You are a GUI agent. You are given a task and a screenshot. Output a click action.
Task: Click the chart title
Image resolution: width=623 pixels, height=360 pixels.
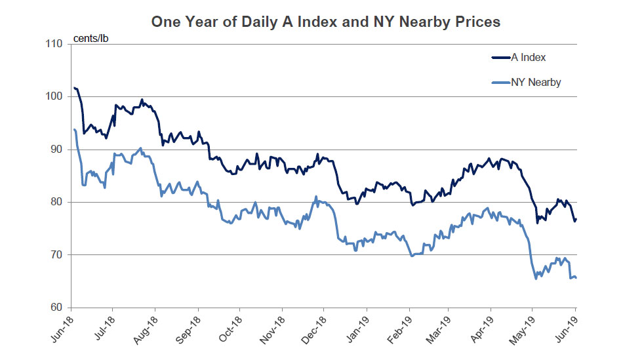(x=326, y=22)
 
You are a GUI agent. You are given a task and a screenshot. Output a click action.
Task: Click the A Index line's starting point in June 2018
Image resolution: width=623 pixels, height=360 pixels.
(x=75, y=88)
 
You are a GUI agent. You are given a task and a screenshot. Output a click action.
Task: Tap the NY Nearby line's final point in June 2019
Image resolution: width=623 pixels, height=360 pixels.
(x=576, y=277)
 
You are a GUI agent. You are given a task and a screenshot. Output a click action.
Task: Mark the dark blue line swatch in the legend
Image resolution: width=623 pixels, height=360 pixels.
(x=500, y=58)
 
